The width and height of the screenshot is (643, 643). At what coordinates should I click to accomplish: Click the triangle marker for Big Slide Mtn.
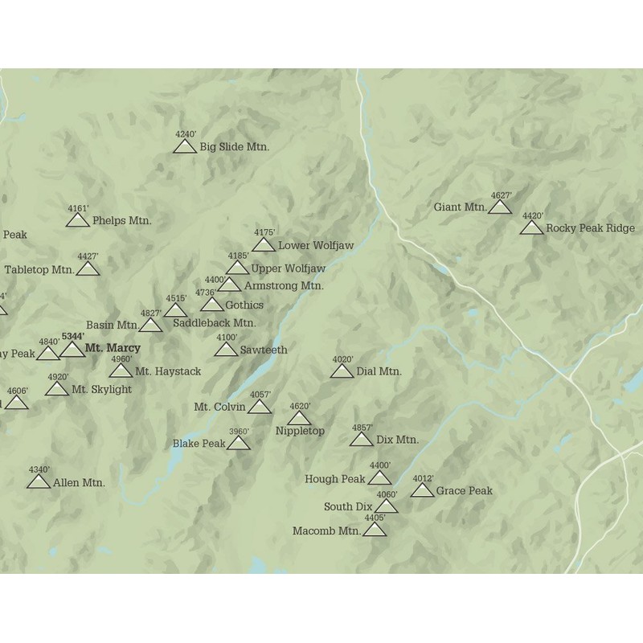tap(185, 146)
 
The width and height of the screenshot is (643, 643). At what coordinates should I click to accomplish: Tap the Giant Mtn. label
tap(460, 207)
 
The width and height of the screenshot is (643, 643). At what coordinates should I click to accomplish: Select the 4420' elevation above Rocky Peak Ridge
tap(533, 215)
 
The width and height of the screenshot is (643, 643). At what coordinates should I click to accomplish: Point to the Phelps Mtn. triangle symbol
tap(78, 220)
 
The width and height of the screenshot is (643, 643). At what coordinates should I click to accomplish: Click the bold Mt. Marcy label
tap(112, 348)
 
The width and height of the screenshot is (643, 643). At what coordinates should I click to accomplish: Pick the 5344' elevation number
tap(72, 336)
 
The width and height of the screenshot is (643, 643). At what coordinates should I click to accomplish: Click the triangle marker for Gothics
tap(212, 305)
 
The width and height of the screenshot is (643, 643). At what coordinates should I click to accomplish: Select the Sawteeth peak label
tap(262, 350)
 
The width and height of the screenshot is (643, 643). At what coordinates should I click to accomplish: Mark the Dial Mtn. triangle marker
tap(342, 371)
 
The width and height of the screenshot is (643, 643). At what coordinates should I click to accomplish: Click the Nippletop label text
tap(300, 431)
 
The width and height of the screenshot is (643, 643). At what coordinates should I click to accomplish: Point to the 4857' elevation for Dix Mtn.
tap(362, 428)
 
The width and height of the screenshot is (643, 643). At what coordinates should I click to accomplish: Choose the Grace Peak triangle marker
tap(423, 490)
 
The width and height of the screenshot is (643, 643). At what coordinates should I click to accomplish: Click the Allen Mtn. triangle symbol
tap(39, 482)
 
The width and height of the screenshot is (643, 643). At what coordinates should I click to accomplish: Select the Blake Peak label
tap(199, 444)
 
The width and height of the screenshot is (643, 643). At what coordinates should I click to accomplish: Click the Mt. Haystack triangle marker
tap(121, 371)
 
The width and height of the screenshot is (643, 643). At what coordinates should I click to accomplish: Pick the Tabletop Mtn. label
tap(39, 269)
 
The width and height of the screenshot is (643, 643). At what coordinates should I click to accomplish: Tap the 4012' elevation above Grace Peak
tap(424, 479)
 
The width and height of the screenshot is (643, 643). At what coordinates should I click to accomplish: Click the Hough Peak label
tap(334, 479)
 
